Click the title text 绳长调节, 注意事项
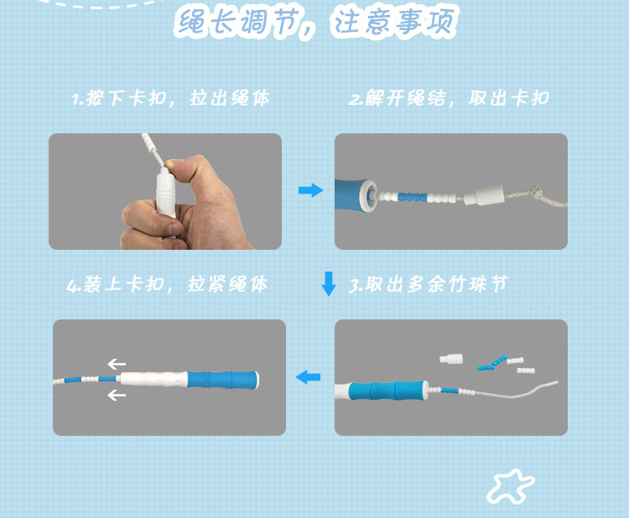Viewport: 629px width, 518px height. [316, 22]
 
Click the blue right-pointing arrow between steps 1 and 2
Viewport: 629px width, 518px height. [310, 190]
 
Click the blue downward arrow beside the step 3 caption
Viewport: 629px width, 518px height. [329, 284]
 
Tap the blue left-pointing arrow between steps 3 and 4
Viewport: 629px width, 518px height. [308, 377]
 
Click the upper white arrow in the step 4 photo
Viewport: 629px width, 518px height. [117, 364]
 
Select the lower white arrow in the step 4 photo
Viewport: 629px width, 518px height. [117, 395]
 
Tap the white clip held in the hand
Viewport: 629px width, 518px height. [165, 193]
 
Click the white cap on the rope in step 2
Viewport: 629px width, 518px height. [483, 194]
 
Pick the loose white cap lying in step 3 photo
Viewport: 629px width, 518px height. [451, 359]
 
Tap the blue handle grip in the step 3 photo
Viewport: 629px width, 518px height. [387, 391]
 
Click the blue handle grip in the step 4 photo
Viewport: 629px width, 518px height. [222, 380]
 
